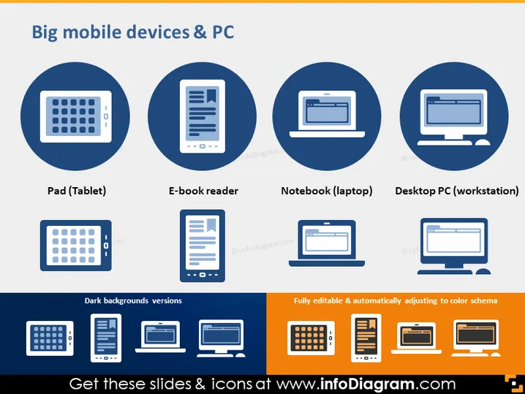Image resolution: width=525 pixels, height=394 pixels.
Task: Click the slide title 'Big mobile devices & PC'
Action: pos(132,32)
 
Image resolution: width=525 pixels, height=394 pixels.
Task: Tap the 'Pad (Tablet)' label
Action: pos(77,191)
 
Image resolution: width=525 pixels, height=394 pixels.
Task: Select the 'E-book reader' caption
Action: pos(203,191)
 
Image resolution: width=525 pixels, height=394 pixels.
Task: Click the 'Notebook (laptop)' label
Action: pos(327,191)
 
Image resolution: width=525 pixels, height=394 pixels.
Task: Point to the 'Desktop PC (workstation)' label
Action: pos(457,191)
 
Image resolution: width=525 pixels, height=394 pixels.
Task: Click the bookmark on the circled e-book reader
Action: pos(211,96)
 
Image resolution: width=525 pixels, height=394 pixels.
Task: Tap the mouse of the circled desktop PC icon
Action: pos(483,143)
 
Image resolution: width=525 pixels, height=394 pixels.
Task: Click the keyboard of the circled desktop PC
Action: pos(445,143)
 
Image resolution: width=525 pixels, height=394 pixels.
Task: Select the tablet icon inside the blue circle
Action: pos(75,116)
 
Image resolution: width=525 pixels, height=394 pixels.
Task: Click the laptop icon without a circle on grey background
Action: pos(327,243)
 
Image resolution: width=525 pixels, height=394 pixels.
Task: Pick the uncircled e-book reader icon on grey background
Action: pos(203,246)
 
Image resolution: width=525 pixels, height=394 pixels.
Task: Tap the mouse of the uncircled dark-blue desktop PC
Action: pos(483,271)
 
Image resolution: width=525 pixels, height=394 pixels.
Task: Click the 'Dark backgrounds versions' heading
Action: pos(133,300)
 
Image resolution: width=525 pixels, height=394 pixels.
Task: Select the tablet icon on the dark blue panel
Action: pos(50,338)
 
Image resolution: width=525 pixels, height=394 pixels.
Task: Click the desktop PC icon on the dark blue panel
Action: pos(221,338)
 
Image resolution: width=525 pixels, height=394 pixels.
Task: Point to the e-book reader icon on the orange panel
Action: pos(366,338)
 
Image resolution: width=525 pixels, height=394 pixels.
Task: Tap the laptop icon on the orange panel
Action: pos(416,338)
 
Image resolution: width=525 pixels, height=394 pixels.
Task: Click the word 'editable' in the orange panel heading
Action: pos(327,300)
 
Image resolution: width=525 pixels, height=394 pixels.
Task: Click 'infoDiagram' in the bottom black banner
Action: pos(367,384)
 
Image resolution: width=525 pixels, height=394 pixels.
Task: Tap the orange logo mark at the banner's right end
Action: pos(513,384)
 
